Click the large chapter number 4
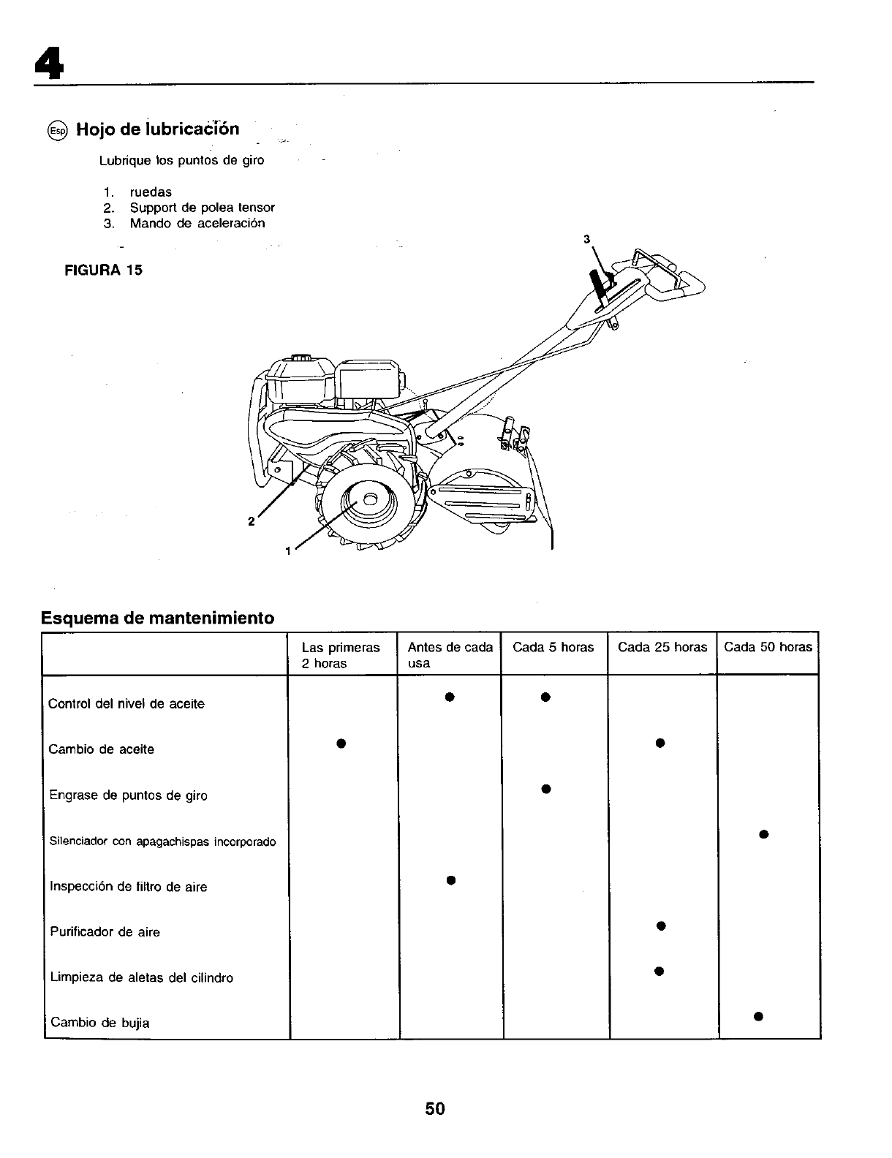pos(48,64)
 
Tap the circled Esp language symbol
pos(56,131)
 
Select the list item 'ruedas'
pos(151,192)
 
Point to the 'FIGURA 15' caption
pos(105,270)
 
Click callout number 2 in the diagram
pos(251,521)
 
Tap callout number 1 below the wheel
pos(288,550)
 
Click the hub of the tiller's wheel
pos(369,499)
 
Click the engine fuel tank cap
pos(301,358)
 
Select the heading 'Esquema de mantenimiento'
pos(157,618)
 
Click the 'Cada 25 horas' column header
pos(662,647)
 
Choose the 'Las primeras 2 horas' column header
pos(341,655)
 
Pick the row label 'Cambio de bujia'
pos(99,1023)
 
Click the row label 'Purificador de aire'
pos(105,932)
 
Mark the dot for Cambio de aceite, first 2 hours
pos(341,743)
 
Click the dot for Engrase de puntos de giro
pos(545,789)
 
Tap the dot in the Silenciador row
pos(763,834)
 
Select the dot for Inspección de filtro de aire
pos(451,879)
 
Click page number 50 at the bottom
pos(435,1108)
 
